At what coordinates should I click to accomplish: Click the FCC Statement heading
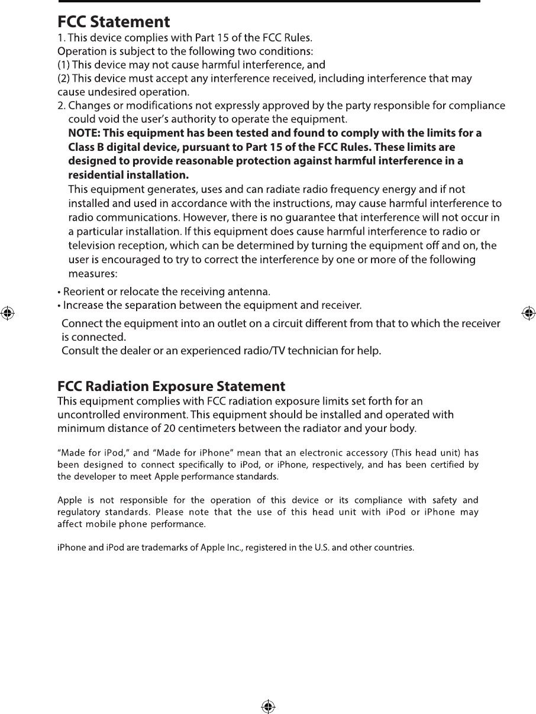[x=114, y=22]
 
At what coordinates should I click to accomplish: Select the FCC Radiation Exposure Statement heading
[x=171, y=387]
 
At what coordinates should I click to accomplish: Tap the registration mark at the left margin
[x=7, y=313]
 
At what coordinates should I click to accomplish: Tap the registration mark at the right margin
[x=528, y=313]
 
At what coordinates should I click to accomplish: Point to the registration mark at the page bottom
[x=267, y=706]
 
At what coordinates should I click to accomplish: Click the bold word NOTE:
[x=84, y=133]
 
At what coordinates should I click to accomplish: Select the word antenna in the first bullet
[x=251, y=291]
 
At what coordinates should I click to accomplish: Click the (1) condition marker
[x=64, y=64]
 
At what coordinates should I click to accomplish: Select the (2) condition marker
[x=64, y=79]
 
